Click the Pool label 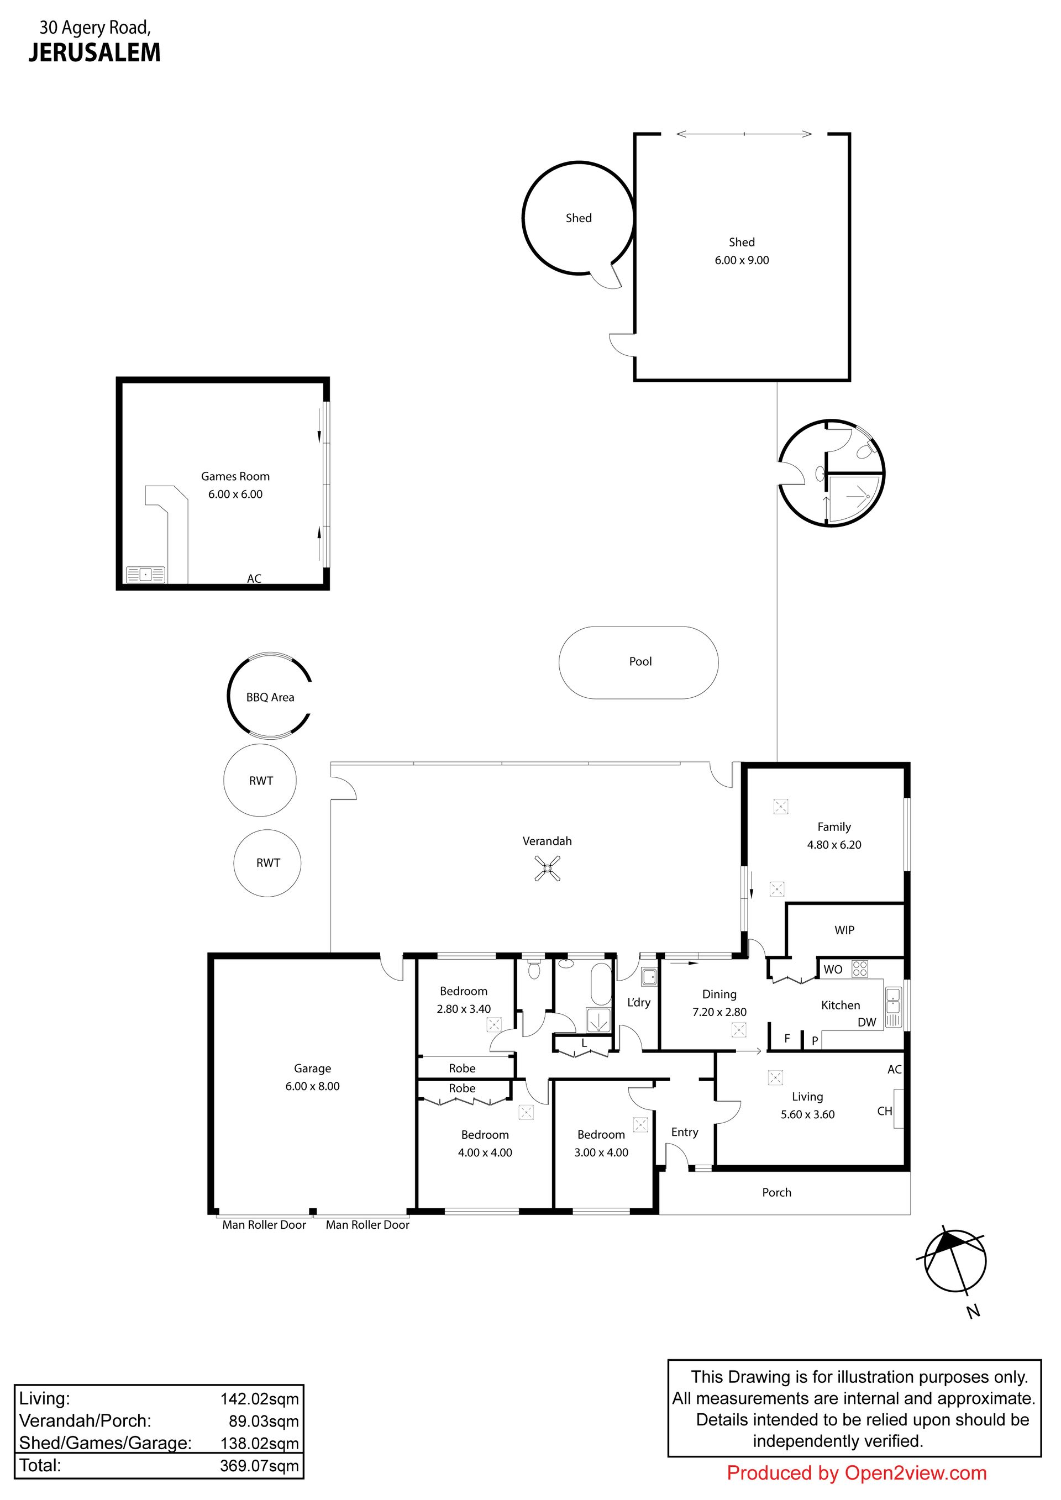point(640,662)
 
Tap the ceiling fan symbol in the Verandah point(548,869)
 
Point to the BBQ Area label point(270,698)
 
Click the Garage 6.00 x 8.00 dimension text point(312,1086)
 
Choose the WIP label point(844,930)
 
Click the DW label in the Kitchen point(866,1023)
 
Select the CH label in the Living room point(885,1111)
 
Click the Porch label point(776,1193)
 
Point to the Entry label point(685,1133)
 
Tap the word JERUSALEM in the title point(94,53)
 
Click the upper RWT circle point(260,780)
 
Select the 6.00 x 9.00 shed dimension point(742,261)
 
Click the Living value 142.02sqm point(259,1399)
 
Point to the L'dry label point(638,1002)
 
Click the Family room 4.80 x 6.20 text point(834,845)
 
